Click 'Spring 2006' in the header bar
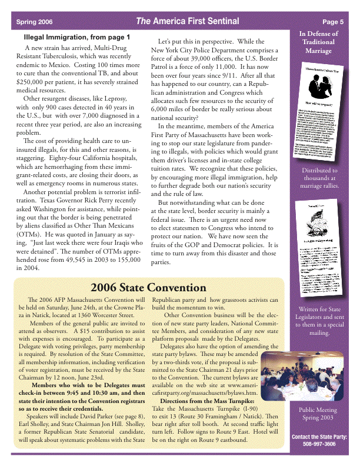coord(34,22)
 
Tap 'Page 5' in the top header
coord(333,22)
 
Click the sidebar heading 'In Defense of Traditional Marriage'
coord(318,42)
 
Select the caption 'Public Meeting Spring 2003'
coord(318,414)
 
